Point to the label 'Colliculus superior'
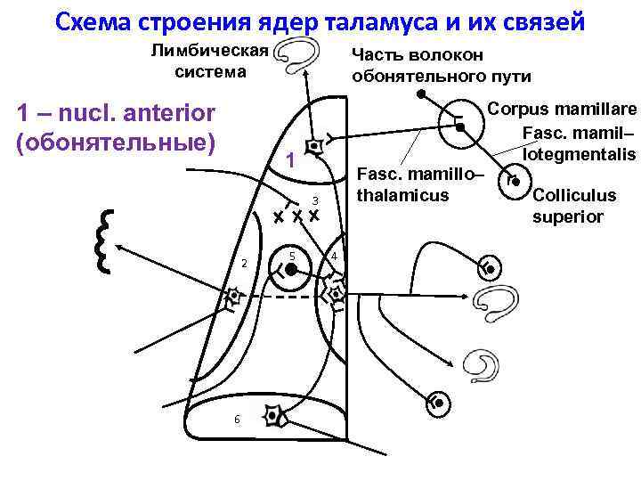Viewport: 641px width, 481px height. pos(573,206)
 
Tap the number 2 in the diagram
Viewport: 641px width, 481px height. pos(244,263)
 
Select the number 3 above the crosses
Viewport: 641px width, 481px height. pos(313,198)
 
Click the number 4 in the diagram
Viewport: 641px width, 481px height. pos(332,257)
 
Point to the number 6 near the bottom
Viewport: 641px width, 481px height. pos(236,420)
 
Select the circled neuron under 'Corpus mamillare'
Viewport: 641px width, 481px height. pos(462,127)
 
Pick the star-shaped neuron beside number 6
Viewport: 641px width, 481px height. pos(275,416)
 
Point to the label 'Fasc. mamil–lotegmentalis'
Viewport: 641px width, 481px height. pos(578,143)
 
